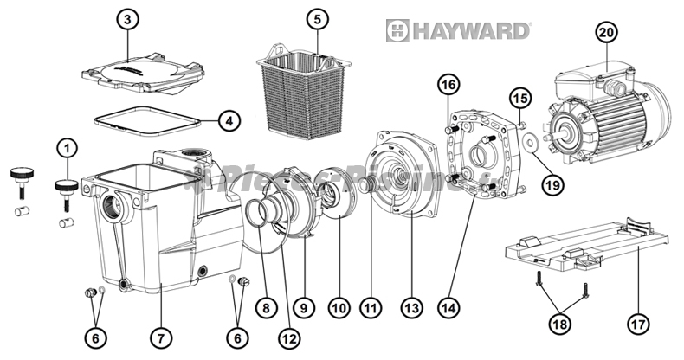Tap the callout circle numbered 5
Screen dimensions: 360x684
click(317, 18)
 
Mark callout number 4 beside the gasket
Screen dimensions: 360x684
click(229, 121)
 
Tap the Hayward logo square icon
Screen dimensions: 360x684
click(397, 31)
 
